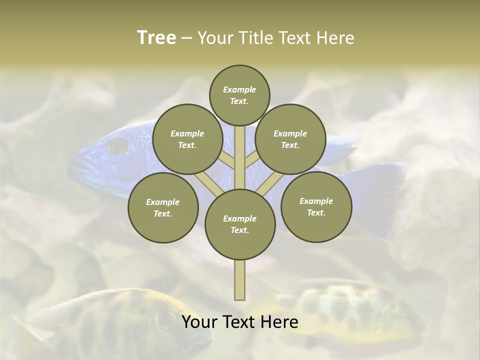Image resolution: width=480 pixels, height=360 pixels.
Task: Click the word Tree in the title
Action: click(x=156, y=38)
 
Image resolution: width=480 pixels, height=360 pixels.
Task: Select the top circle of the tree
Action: click(x=239, y=95)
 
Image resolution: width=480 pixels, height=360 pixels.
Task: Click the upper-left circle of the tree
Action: click(x=187, y=139)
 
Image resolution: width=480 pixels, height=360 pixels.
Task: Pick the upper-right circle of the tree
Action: click(x=290, y=139)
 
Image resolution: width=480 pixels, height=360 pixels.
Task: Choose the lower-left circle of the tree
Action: click(x=163, y=207)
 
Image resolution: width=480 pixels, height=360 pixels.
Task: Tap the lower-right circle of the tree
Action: click(x=316, y=206)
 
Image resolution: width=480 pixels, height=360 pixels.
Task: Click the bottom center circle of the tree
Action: click(x=240, y=224)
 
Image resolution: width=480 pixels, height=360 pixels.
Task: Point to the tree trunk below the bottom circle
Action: click(x=240, y=280)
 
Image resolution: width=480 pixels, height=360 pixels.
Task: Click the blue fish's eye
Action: click(x=118, y=145)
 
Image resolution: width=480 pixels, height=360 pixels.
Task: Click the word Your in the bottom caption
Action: click(x=199, y=322)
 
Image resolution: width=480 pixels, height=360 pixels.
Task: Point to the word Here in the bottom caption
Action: click(x=279, y=322)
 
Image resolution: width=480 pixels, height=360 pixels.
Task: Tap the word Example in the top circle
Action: click(x=239, y=89)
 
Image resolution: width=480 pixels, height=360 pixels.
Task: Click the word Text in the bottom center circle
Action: click(x=239, y=230)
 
